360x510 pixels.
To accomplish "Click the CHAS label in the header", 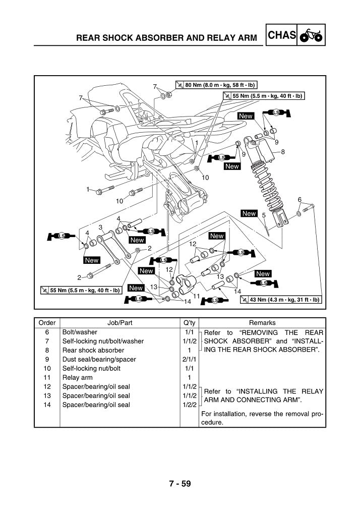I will pos(282,35).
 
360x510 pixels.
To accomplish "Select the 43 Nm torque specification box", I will pos(280,300).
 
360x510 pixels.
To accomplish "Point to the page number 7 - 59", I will pos(179,484).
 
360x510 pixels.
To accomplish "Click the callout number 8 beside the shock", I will pos(283,151).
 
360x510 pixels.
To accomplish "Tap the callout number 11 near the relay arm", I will pos(197,296).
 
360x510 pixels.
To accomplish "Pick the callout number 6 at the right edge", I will pos(299,200).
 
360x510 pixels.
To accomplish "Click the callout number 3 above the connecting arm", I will pos(101,228).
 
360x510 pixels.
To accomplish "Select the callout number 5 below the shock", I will pos(264,216).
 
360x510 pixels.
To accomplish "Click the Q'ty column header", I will pos(190,323).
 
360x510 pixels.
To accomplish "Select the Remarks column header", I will pos(262,323).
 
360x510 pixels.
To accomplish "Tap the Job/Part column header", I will pos(120,323).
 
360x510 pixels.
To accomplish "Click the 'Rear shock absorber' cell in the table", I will pos(93,350).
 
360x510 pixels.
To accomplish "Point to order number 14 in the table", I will pos(47,405).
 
